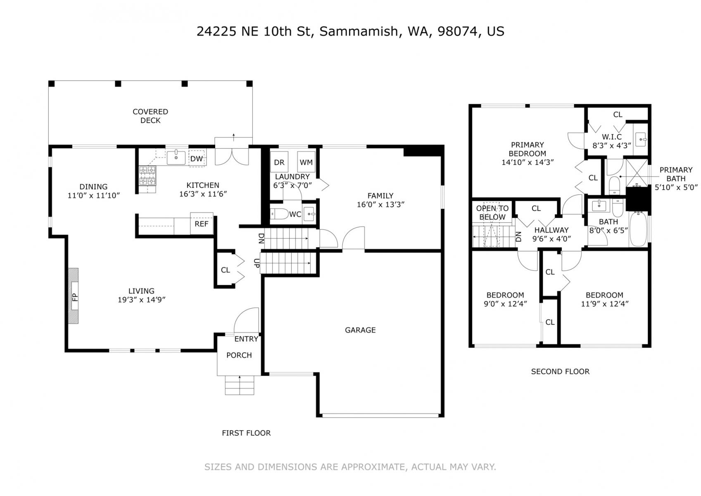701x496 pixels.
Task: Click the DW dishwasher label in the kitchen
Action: pyautogui.click(x=197, y=159)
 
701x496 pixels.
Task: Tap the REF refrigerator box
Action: pyautogui.click(x=202, y=224)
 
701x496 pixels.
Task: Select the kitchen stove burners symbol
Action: pyautogui.click(x=147, y=176)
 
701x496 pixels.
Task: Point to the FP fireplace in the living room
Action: pyautogui.click(x=74, y=296)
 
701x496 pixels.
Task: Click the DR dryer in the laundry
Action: pyautogui.click(x=279, y=162)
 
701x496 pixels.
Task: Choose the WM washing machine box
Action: pyautogui.click(x=306, y=162)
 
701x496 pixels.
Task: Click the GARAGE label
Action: pyautogui.click(x=360, y=330)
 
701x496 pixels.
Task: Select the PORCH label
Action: pyautogui.click(x=239, y=355)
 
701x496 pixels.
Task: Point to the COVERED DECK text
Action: pyautogui.click(x=150, y=116)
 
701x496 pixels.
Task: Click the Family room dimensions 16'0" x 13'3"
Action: pyautogui.click(x=380, y=205)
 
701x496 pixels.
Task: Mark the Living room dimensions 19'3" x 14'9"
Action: pyautogui.click(x=141, y=300)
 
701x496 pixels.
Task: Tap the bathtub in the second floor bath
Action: pyautogui.click(x=638, y=229)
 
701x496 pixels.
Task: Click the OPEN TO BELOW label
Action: pyautogui.click(x=492, y=212)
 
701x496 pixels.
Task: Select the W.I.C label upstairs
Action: pyautogui.click(x=612, y=137)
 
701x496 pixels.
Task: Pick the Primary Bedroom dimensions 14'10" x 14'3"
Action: pyautogui.click(x=528, y=162)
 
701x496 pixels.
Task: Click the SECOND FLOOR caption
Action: pyautogui.click(x=560, y=371)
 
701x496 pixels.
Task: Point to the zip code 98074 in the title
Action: pyautogui.click(x=458, y=31)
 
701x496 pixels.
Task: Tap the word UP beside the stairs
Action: pyautogui.click(x=257, y=263)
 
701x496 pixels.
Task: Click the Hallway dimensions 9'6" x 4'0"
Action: pyautogui.click(x=552, y=238)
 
